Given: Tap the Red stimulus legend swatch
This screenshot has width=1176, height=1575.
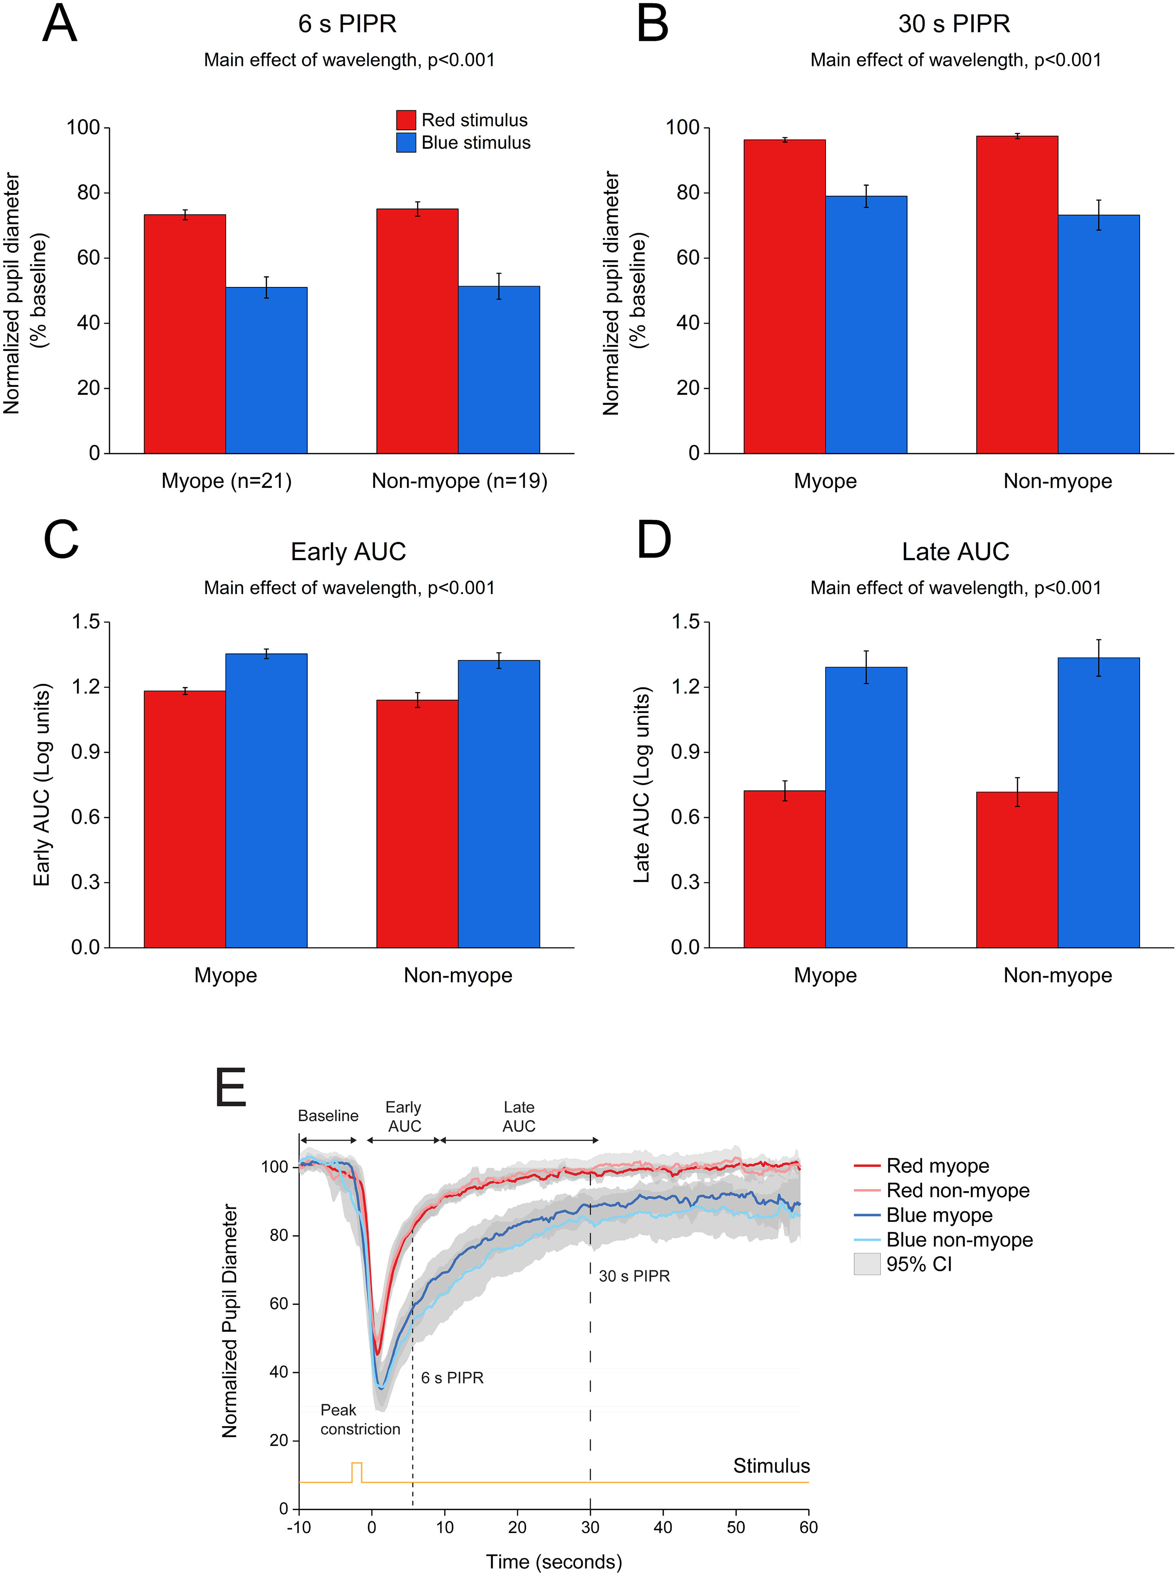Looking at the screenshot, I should [406, 120].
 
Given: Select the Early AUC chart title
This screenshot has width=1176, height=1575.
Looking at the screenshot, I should [348, 552].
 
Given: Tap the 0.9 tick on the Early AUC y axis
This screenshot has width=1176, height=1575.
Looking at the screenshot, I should [86, 752].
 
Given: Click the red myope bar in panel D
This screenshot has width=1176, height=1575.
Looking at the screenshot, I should [785, 868].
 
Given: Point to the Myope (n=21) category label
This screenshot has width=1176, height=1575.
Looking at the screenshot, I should [226, 481].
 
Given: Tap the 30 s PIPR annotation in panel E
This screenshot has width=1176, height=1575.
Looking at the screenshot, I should [634, 1276].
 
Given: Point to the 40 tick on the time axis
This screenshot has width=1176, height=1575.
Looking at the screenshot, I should [663, 1527].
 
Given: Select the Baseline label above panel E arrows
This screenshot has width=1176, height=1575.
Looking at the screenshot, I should [328, 1115].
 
